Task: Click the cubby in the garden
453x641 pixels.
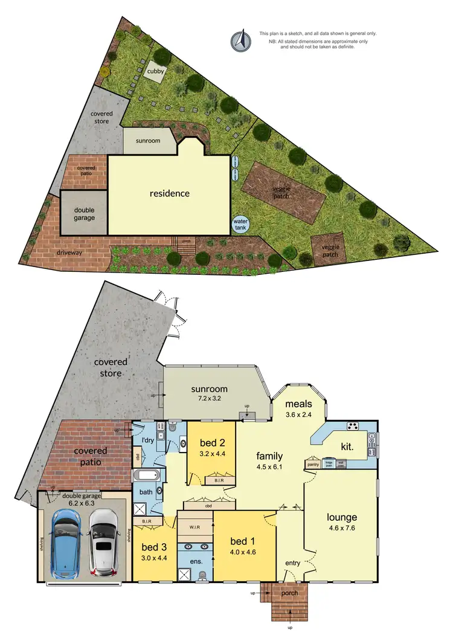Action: (155, 72)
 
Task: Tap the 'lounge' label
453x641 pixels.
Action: (342, 517)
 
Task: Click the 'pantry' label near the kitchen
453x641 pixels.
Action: (313, 465)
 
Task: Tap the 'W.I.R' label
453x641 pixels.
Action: (195, 526)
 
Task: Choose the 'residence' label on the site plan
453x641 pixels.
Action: (170, 194)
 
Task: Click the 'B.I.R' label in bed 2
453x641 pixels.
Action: (216, 481)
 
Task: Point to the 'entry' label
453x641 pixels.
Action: (292, 564)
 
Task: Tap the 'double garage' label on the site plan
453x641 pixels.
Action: (85, 213)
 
